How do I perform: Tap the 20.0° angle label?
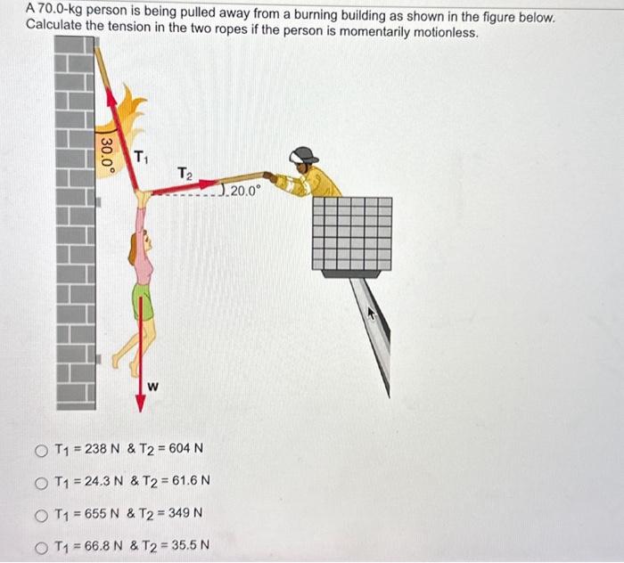point(243,191)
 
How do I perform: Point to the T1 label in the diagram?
point(140,159)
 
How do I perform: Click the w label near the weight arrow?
point(153,386)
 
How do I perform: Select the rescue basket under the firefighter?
point(352,233)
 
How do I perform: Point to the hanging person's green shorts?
point(143,301)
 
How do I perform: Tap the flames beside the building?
point(134,116)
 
